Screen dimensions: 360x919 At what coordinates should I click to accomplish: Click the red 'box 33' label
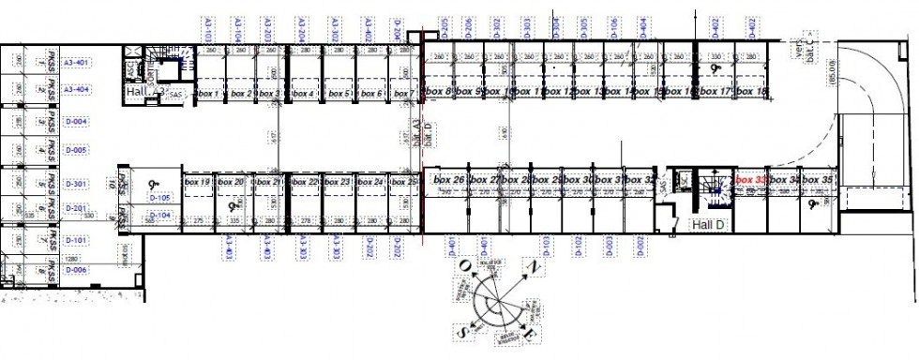pyautogui.click(x=751, y=179)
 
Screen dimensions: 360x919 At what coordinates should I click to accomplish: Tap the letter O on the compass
pyautogui.click(x=463, y=266)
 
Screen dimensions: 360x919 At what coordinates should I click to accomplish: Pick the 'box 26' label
pyautogui.click(x=449, y=179)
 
